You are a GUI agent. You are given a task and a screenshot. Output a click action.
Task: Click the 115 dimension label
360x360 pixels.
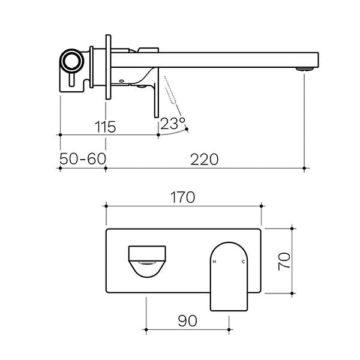pyautogui.click(x=104, y=127)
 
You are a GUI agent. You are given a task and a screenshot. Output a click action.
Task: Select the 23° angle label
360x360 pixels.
pyautogui.click(x=172, y=124)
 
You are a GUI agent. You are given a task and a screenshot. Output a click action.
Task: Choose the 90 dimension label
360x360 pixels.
pyautogui.click(x=187, y=321)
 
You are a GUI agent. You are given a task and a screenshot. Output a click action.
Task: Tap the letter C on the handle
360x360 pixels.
pyautogui.click(x=243, y=263)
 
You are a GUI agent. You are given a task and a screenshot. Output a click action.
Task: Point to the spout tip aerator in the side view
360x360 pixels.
pyautogui.click(x=306, y=70)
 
